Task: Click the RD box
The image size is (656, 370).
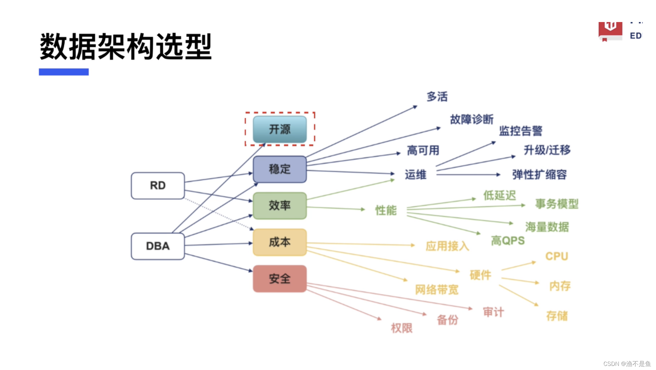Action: pyautogui.click(x=158, y=186)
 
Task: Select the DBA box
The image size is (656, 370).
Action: pyautogui.click(x=158, y=246)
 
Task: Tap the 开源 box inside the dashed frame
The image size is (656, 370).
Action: pyautogui.click(x=280, y=129)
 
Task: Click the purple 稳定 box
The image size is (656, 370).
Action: pyautogui.click(x=280, y=169)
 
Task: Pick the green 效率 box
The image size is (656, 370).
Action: pyautogui.click(x=280, y=206)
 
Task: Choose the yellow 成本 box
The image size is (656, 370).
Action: pyautogui.click(x=280, y=242)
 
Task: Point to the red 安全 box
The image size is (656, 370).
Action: pyautogui.click(x=280, y=279)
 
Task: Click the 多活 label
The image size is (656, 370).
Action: pyautogui.click(x=437, y=97)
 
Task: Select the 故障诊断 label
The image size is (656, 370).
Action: pyautogui.click(x=472, y=120)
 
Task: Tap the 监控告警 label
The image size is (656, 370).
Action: pyautogui.click(x=521, y=131)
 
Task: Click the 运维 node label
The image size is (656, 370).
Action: pyautogui.click(x=416, y=175)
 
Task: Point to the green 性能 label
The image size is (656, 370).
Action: pyautogui.click(x=386, y=210)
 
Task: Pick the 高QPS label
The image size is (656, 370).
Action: pyautogui.click(x=508, y=241)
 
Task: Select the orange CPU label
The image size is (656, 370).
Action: pyautogui.click(x=557, y=256)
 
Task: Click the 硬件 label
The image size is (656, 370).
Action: pyautogui.click(x=480, y=275)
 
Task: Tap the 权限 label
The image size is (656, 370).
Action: pyautogui.click(x=402, y=328)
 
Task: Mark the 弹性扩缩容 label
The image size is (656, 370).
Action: pyautogui.click(x=540, y=175)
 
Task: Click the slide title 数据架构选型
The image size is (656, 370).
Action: pyautogui.click(x=126, y=47)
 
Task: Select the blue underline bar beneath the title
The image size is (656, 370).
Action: pyautogui.click(x=64, y=72)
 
